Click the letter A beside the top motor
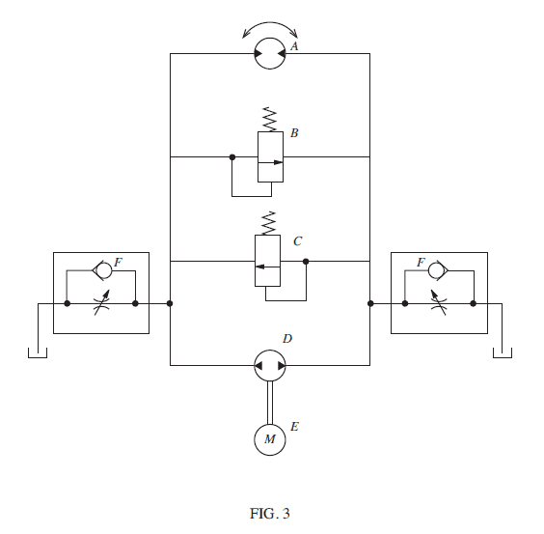click(x=294, y=45)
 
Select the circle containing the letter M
click(x=270, y=439)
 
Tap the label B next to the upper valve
click(x=294, y=132)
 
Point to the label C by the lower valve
click(x=298, y=241)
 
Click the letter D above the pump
click(x=287, y=338)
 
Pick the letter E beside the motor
click(x=294, y=427)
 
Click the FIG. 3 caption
click(x=269, y=514)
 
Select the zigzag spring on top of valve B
click(x=270, y=119)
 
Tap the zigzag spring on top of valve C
click(x=268, y=223)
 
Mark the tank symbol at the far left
click(x=38, y=352)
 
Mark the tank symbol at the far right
click(x=503, y=352)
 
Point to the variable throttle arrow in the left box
click(x=102, y=302)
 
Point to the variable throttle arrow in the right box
click(x=439, y=302)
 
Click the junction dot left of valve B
click(x=232, y=157)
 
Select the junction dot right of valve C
click(x=306, y=262)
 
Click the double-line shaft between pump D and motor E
click(x=270, y=403)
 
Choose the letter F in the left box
click(x=118, y=263)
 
